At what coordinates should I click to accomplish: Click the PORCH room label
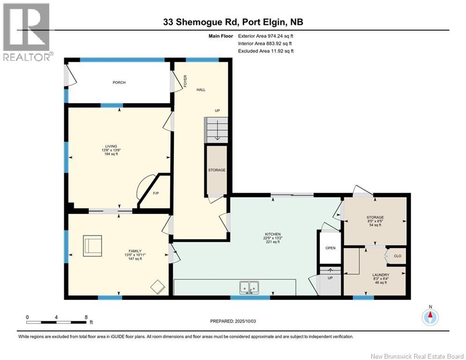[x=119, y=82]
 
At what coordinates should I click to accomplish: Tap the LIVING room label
[x=111, y=146]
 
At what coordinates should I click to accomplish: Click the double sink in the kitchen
[x=249, y=286]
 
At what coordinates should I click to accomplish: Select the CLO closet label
[x=398, y=256]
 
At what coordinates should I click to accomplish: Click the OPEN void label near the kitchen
[x=331, y=248]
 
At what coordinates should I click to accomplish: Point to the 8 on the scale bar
[x=86, y=317]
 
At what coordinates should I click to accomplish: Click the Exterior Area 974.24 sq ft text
[x=266, y=36]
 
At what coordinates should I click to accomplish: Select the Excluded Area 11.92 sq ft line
[x=266, y=51]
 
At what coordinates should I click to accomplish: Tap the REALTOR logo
[x=27, y=32]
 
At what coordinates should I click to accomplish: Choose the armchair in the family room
[x=93, y=246]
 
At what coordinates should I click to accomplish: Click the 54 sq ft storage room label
[x=375, y=225]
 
